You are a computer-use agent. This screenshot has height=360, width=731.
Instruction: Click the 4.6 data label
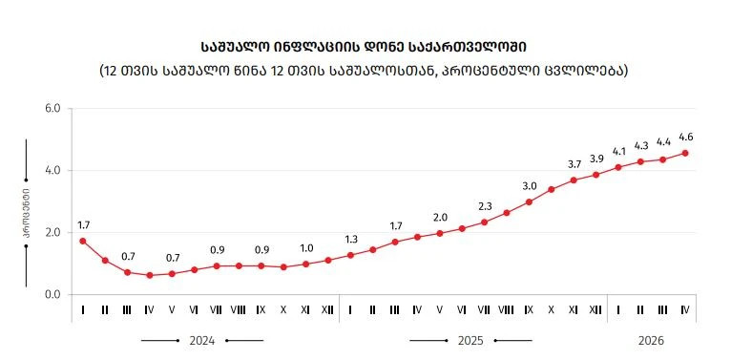685,138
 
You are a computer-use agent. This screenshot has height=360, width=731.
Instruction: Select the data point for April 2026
685,153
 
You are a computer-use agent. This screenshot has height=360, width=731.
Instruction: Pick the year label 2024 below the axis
202,341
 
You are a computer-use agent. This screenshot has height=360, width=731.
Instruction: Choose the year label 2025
470,341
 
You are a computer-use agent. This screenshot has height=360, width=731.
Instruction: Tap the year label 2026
651,341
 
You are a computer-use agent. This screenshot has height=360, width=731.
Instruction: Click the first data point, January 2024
82,241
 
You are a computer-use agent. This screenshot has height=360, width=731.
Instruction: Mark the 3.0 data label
530,186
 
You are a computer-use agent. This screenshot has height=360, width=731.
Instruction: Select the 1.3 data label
350,240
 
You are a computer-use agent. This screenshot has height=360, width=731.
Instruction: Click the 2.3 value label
485,206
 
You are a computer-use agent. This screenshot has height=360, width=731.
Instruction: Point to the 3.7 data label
574,164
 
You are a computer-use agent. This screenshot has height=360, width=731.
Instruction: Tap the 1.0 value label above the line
306,248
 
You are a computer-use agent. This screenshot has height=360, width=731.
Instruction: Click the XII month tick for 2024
328,309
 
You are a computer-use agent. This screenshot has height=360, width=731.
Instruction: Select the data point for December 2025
595,175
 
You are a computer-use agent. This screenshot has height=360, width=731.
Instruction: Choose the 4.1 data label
618,152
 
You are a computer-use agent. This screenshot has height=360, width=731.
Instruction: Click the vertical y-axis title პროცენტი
27,213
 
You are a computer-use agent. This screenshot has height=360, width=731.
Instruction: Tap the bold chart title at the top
365,47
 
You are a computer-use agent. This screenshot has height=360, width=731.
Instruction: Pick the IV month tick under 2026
685,309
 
